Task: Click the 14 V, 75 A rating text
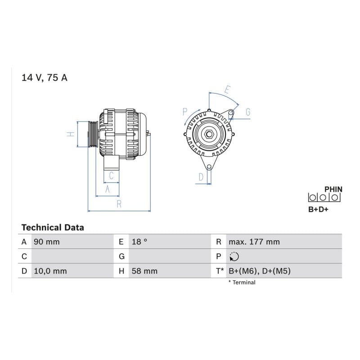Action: pos(44,78)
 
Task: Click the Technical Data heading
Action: pos(53,228)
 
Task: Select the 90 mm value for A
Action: pos(47,242)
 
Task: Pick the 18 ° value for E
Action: pos(139,242)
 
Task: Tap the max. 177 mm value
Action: pos(254,242)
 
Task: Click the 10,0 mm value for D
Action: pos(50,271)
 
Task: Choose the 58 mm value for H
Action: pos(144,271)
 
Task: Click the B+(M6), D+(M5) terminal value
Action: pos(260,271)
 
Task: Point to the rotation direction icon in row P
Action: pos(234,256)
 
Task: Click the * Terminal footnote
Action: pos(242,283)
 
